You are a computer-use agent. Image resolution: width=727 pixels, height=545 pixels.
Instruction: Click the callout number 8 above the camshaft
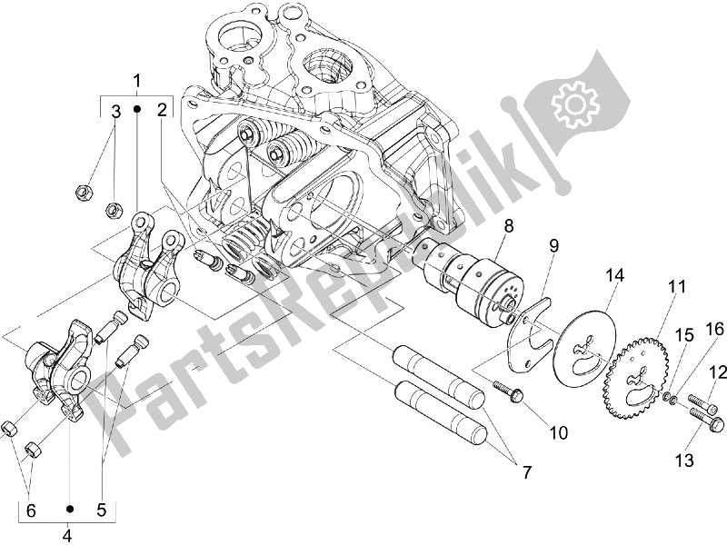[x=509, y=226]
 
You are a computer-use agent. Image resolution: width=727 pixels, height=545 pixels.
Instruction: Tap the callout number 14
[x=613, y=276]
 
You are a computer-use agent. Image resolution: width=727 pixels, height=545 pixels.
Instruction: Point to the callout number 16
[x=714, y=330]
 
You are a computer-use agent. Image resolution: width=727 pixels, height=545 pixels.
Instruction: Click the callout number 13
[x=684, y=461]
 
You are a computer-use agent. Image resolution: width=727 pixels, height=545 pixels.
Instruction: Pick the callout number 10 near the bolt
[x=558, y=433]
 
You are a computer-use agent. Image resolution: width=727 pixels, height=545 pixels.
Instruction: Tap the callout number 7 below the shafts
[x=527, y=472]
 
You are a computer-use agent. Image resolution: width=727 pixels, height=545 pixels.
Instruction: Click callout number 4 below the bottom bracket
[x=67, y=536]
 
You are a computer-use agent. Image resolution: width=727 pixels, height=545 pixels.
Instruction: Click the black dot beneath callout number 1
[x=137, y=109]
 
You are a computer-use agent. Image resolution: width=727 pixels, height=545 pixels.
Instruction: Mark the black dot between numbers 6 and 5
[x=70, y=509]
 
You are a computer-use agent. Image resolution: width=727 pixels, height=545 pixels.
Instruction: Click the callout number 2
[x=162, y=110]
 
